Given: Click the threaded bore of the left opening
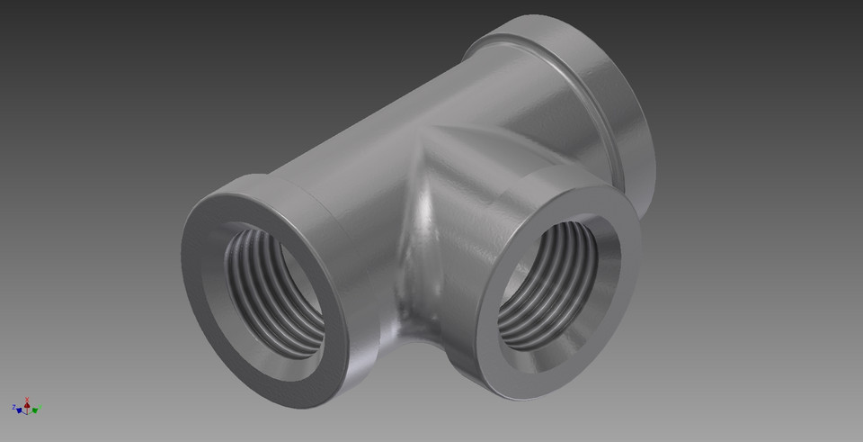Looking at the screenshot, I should (274, 288).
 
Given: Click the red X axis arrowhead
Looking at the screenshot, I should (27, 406).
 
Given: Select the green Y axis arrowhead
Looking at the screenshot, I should (35, 410).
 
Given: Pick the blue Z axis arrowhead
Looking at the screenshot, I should (19, 410).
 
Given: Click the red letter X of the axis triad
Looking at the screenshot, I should (27, 399).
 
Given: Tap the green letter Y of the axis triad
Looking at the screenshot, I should (40, 406).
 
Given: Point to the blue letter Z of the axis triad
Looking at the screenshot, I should (13, 407).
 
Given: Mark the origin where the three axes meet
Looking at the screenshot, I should (27, 414).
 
